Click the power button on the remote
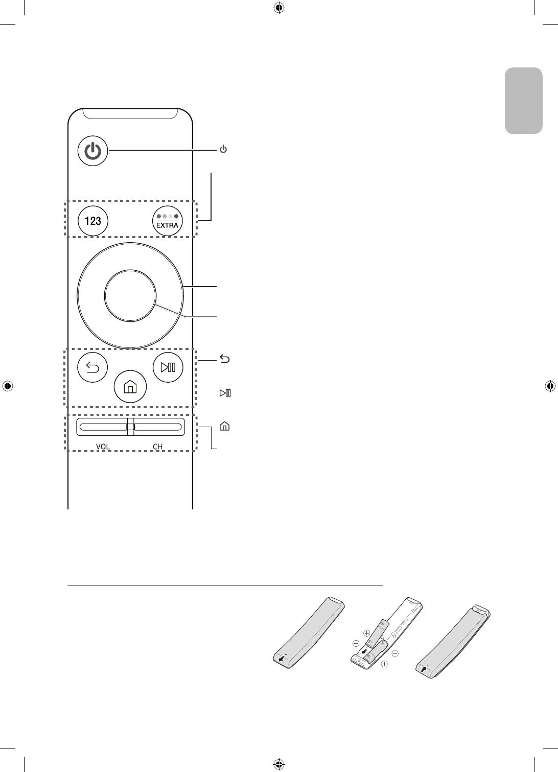point(93,151)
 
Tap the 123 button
point(92,221)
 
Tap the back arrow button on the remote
point(92,366)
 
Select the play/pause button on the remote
point(168,366)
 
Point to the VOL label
point(103,447)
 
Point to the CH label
point(158,447)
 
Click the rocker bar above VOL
point(102,427)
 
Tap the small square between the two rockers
point(130,427)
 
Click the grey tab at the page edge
point(523,101)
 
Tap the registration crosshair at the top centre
point(279,8)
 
